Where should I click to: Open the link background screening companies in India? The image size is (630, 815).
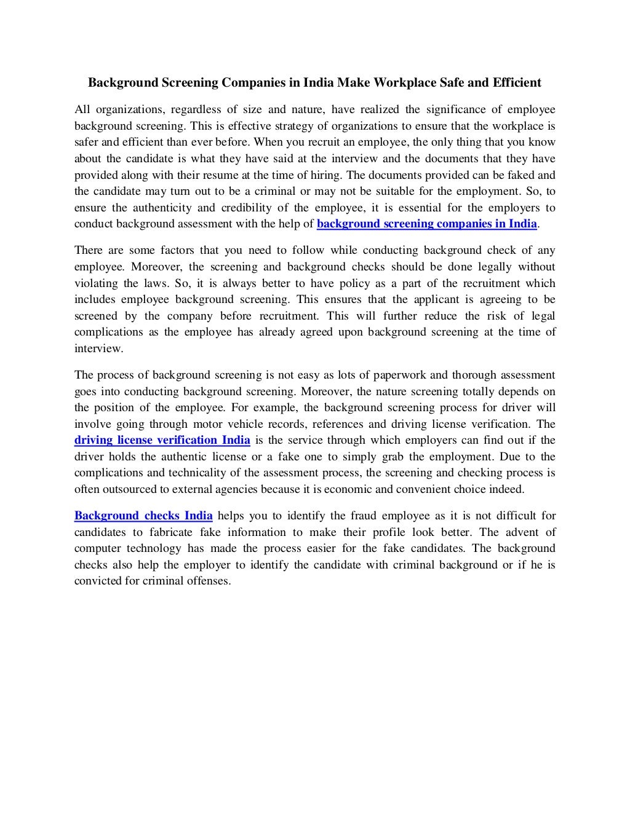pyautogui.click(x=426, y=224)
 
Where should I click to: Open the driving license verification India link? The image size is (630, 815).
pyautogui.click(x=162, y=440)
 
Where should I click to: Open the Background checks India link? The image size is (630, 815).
pyautogui.click(x=143, y=516)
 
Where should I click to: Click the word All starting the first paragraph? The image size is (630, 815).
pyautogui.click(x=82, y=110)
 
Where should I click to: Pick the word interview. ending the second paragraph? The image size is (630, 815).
pyautogui.click(x=98, y=348)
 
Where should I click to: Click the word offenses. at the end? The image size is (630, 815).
pyautogui.click(x=209, y=581)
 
